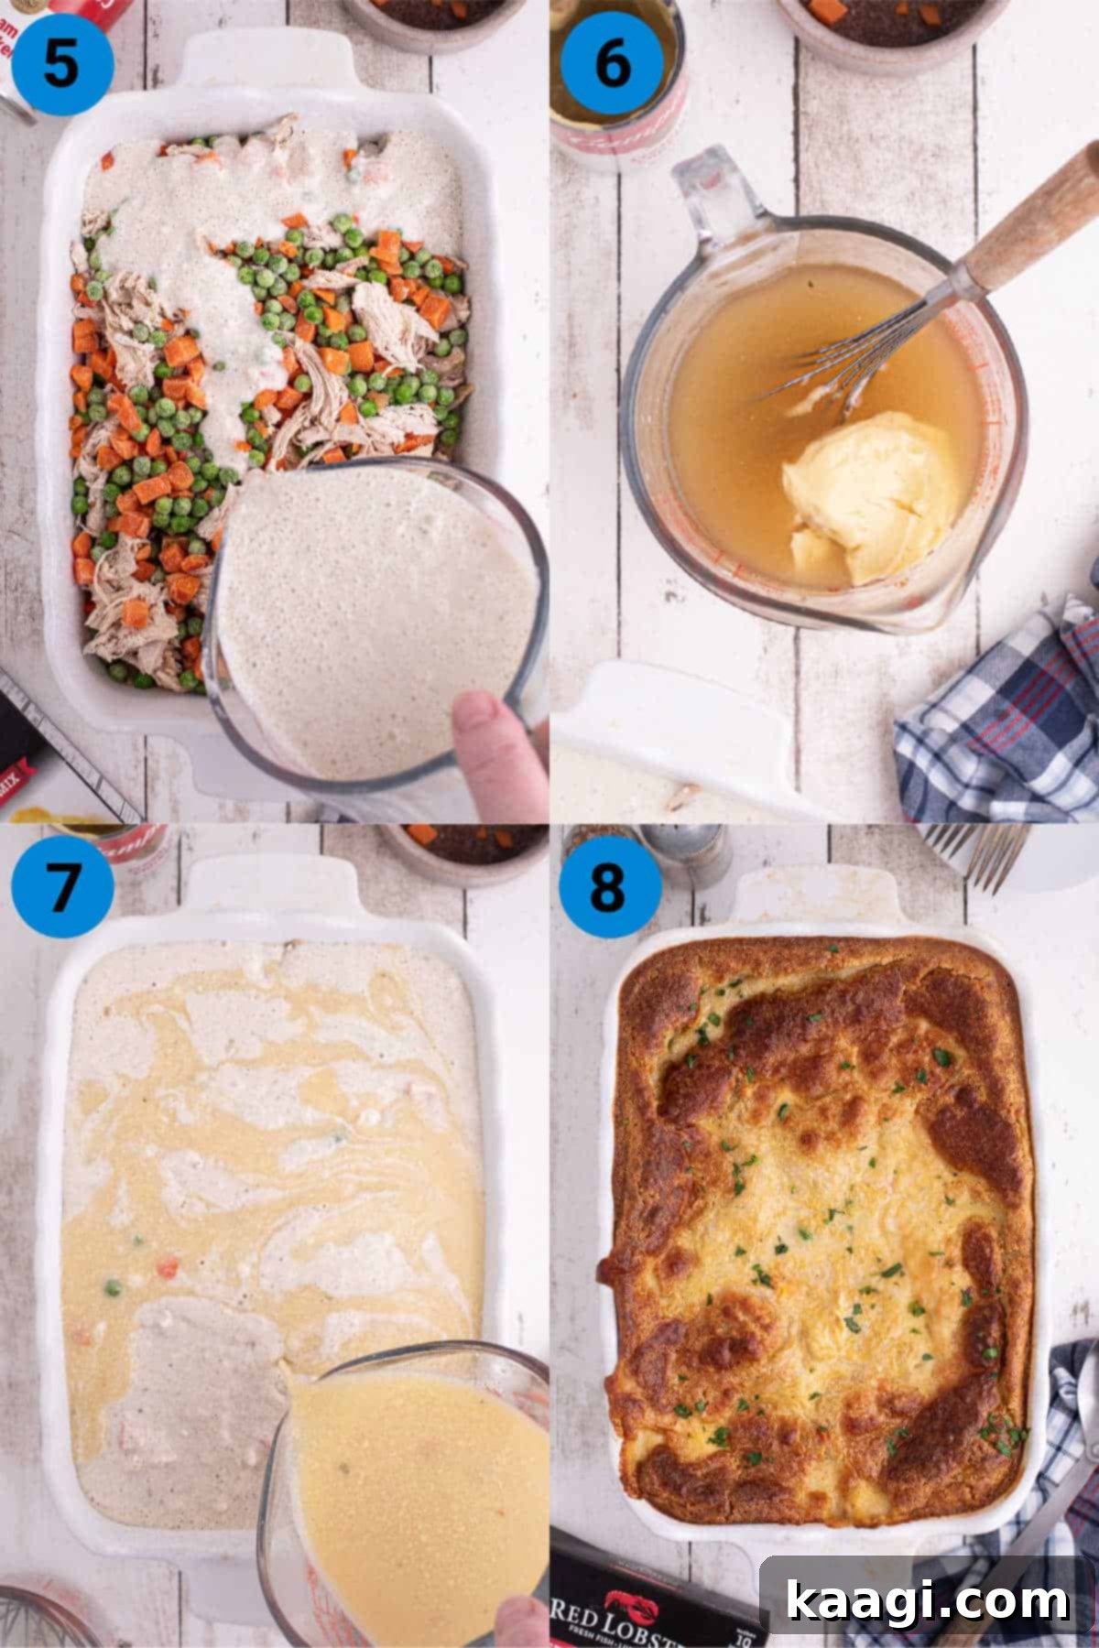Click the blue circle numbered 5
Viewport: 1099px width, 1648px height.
[x=60, y=62]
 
